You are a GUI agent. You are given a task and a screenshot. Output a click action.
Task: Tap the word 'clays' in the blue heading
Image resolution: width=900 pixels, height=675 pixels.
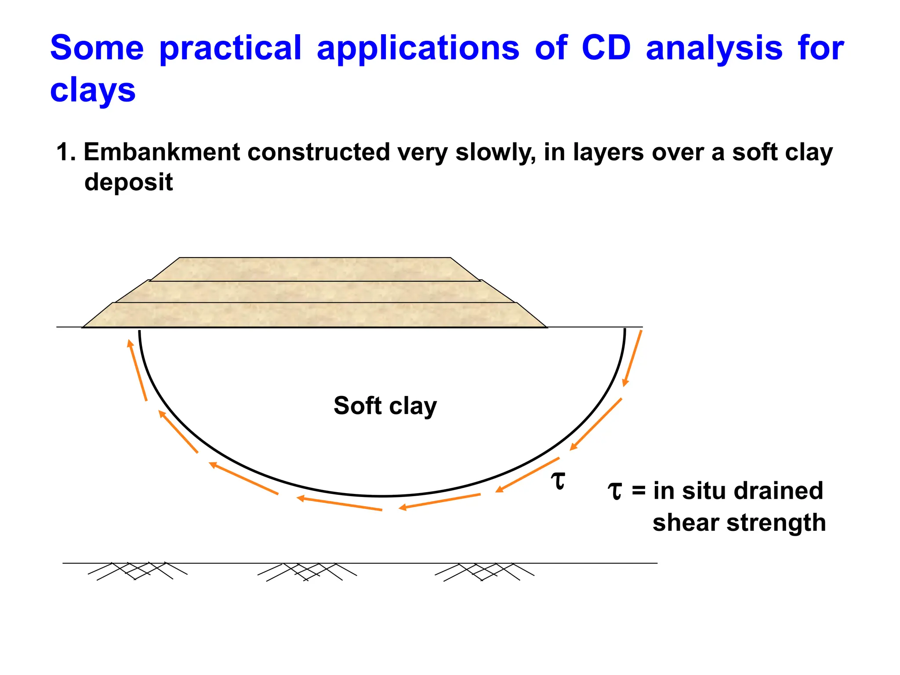pos(93,91)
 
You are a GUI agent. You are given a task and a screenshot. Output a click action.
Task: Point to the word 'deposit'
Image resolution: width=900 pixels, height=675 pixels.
pos(128,182)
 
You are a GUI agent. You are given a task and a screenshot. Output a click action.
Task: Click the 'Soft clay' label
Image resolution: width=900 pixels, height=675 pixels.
pos(385,406)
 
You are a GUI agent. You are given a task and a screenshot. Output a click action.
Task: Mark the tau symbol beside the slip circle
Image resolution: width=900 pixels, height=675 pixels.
pos(558,480)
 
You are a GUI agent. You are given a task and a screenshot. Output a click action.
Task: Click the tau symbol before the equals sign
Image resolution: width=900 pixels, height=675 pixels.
pos(615,491)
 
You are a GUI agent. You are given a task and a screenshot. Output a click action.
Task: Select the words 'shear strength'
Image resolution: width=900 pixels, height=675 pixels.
pos(739,523)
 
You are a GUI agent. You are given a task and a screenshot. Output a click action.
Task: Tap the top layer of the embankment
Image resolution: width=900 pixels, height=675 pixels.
pos(315,269)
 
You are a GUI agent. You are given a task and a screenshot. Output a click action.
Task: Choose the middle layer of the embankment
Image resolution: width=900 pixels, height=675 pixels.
pos(315,292)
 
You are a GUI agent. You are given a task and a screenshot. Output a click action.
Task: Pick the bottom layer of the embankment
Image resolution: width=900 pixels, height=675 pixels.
pos(315,315)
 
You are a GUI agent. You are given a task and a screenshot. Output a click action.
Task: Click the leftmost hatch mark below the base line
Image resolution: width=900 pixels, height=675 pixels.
pos(137,571)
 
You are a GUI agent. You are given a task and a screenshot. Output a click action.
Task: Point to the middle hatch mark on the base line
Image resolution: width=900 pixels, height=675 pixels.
pos(307,572)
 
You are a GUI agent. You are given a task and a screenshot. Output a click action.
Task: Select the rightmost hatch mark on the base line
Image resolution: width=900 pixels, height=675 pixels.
pos(484,572)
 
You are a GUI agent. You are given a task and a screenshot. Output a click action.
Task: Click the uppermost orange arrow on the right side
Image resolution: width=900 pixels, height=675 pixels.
pos(632,358)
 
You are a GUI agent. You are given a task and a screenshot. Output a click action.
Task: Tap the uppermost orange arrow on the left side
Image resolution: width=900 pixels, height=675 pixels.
pos(137,370)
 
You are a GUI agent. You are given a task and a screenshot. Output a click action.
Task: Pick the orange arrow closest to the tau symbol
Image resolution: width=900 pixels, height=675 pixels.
pos(527,475)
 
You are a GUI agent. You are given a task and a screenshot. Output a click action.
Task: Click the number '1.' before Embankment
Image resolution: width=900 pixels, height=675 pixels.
pos(66,152)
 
